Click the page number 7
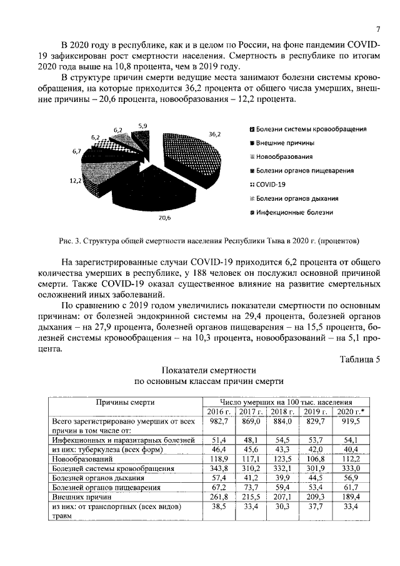[x=378, y=29]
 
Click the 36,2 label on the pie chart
[x=214, y=133]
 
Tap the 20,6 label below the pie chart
[x=164, y=218]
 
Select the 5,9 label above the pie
[x=143, y=126]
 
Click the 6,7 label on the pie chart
[x=77, y=151]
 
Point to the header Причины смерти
[x=125, y=402]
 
